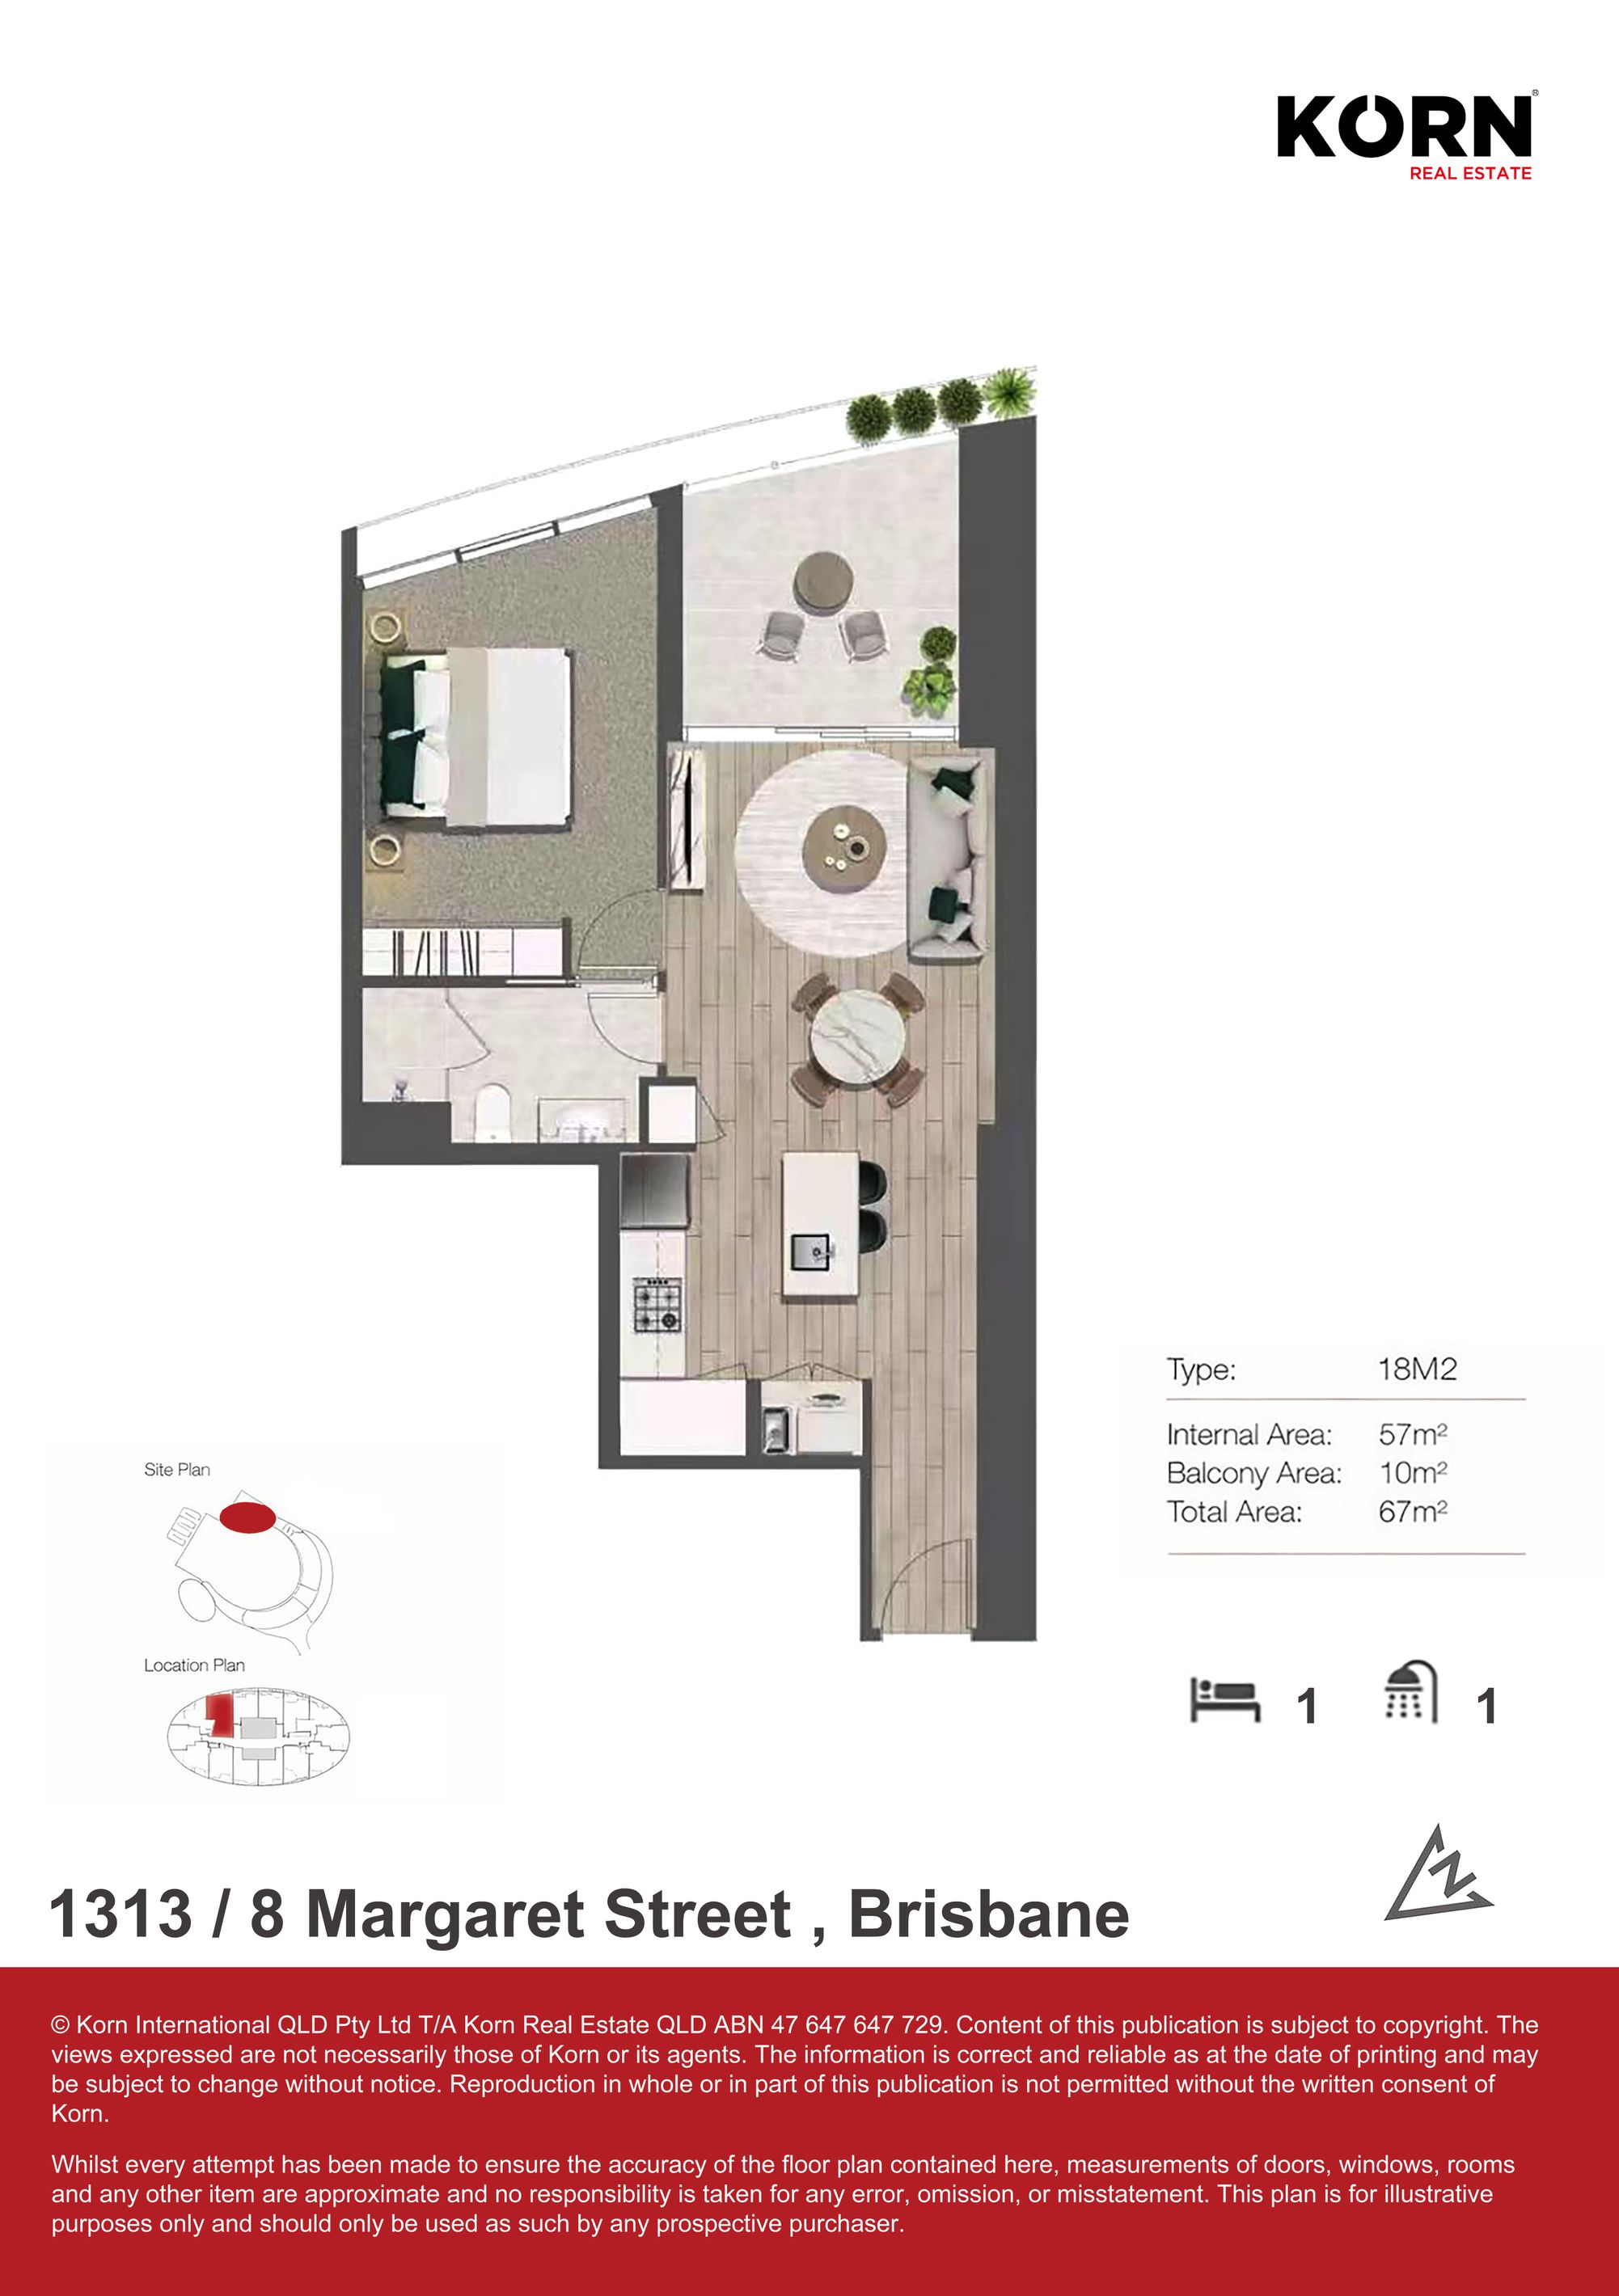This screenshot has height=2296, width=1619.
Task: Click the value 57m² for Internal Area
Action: (1412, 1434)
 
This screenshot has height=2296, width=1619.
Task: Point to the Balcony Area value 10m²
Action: (1412, 1472)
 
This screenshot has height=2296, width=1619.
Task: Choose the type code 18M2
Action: (1416, 1368)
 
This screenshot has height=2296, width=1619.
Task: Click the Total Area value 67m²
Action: (1412, 1511)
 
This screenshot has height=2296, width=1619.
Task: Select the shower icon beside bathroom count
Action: (1410, 1692)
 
